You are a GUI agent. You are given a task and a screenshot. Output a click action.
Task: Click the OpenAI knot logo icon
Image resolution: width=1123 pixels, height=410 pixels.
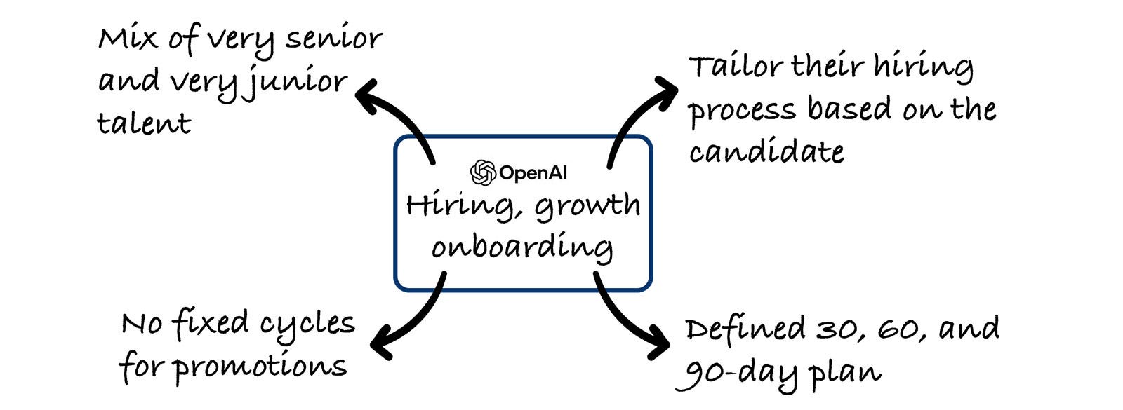[x=483, y=172]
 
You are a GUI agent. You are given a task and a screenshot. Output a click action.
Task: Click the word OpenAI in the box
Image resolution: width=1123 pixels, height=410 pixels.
[x=533, y=172]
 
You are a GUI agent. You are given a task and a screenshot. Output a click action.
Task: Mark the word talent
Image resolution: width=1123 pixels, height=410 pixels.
[x=143, y=124]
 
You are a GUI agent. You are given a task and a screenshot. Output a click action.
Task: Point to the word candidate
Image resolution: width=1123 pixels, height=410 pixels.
[x=766, y=151]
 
